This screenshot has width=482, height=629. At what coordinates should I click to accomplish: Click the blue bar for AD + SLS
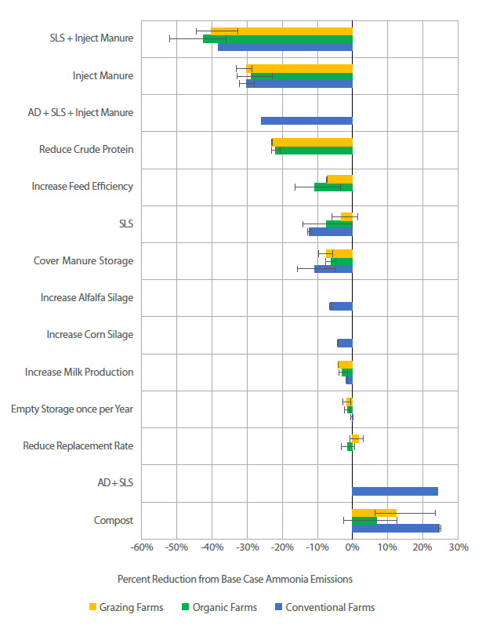tap(395, 492)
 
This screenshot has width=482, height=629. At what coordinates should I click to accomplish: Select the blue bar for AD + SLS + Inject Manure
tap(306, 121)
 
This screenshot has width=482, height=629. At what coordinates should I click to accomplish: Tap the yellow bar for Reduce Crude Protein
tap(312, 142)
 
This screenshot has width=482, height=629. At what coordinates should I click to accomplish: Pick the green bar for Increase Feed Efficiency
tap(333, 187)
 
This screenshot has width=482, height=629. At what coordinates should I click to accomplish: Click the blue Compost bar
tap(396, 529)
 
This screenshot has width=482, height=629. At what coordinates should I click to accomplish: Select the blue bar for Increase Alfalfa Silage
tap(341, 306)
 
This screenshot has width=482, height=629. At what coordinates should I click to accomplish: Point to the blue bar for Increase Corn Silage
tap(345, 343)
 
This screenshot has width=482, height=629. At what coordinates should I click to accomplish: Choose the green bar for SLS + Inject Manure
tap(277, 38)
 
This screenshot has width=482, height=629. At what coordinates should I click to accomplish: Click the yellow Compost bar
tap(374, 513)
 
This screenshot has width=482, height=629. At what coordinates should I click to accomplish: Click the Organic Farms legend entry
tap(221, 607)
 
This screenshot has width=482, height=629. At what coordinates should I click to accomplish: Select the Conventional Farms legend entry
tap(323, 607)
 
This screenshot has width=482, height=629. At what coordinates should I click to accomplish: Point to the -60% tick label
tap(141, 547)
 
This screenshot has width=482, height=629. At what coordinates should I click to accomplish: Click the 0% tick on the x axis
tap(352, 547)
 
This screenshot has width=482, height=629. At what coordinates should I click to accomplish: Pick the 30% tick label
tap(458, 547)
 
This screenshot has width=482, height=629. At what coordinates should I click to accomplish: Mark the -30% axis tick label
tap(247, 547)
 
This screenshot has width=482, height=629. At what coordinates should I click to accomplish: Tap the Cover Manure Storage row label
tap(83, 260)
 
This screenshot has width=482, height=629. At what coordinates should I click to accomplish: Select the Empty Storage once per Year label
tap(72, 409)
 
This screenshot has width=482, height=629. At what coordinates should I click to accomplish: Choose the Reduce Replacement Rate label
tap(78, 445)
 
